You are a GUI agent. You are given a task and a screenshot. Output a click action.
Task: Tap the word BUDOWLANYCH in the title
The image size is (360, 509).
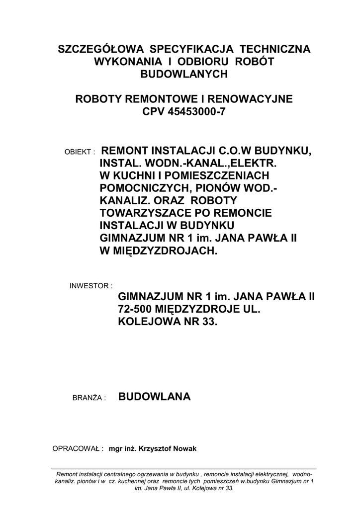tap(184, 74)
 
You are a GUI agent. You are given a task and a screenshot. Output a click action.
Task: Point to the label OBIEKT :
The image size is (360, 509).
tap(80, 152)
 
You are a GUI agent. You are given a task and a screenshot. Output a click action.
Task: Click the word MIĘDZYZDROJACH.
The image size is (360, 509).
tap(164, 251)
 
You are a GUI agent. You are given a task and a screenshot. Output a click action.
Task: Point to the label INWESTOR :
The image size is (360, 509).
tap(91, 286)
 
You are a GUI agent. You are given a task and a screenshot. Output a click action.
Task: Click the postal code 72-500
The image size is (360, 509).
tap(135, 309)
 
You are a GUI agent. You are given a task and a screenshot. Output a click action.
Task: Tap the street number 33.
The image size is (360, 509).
tap(209, 322)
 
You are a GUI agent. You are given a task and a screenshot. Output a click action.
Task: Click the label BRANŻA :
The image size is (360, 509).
tap(90, 398)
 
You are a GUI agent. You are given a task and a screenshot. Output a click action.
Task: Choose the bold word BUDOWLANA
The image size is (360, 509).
tap(155, 397)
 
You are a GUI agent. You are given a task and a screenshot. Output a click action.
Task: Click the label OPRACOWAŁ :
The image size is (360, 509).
tap(78, 449)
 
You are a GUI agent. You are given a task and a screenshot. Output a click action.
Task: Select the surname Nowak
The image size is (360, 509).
tap(185, 449)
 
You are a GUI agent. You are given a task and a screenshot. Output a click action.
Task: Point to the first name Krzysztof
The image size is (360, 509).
tap(156, 449)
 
